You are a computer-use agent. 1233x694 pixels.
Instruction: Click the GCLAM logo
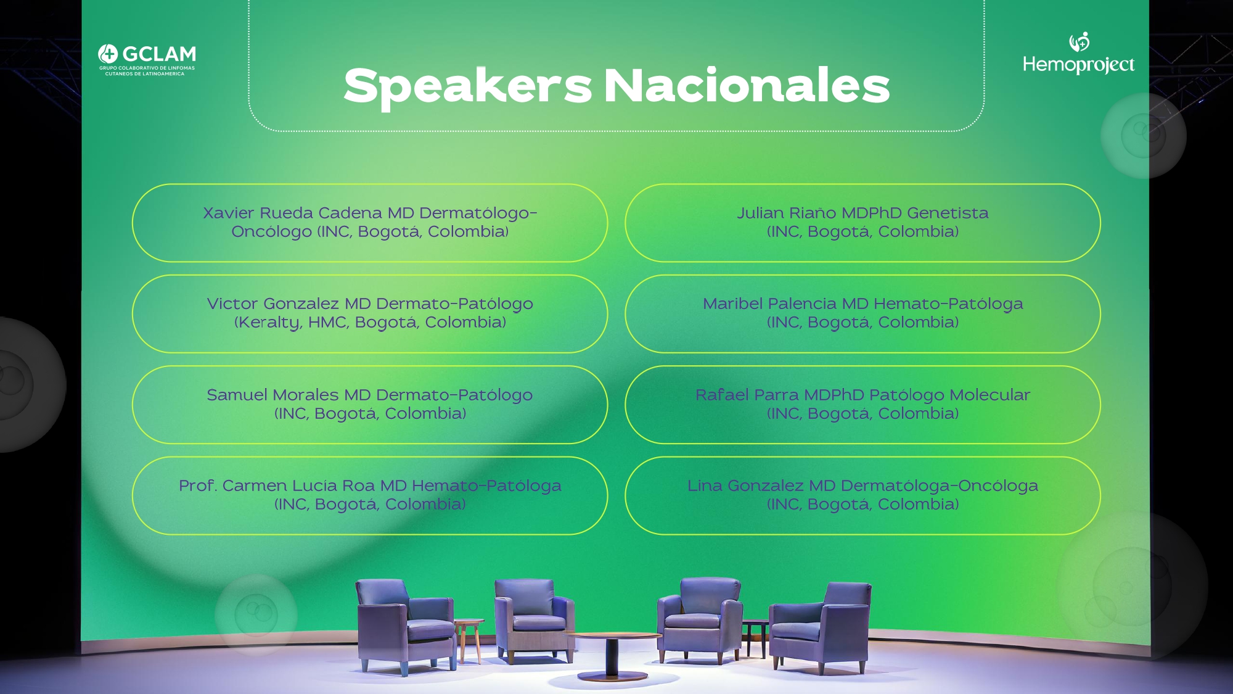coord(147,60)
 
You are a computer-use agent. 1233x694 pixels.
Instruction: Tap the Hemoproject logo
coord(1078,53)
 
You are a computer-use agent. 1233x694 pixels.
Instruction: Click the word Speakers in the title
coord(468,86)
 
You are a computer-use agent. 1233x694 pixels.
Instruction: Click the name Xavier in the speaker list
coord(228,213)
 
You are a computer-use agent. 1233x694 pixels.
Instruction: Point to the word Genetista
coord(948,213)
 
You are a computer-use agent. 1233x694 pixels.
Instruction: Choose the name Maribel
coord(733,304)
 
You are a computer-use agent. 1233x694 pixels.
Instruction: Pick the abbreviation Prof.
coord(198,485)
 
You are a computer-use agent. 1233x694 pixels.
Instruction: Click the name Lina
coord(705,485)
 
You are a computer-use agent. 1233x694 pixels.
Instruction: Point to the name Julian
coord(760,213)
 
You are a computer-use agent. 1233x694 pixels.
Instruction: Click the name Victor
coord(232,304)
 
